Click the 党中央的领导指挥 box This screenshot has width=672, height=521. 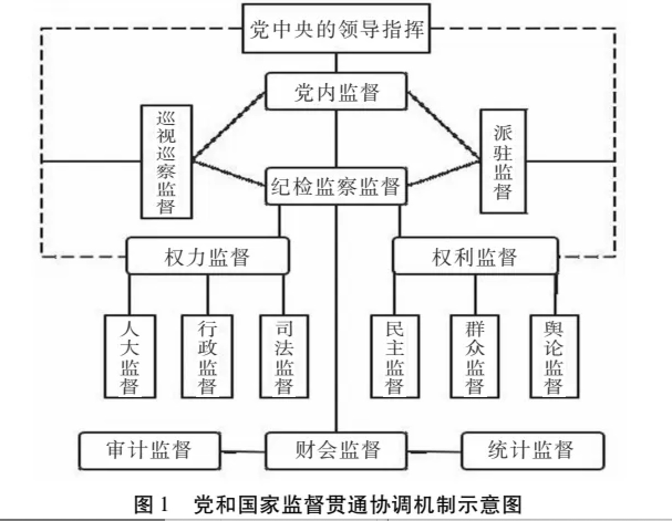[x=336, y=28]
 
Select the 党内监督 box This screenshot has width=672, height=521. [x=336, y=91]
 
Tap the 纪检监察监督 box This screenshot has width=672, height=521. [x=336, y=186]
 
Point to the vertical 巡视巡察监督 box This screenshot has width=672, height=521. [x=167, y=161]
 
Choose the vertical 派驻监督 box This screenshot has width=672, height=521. [x=503, y=161]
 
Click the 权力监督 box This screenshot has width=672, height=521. [x=208, y=256]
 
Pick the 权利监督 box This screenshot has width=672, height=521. [x=475, y=256]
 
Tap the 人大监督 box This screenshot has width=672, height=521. [x=130, y=357]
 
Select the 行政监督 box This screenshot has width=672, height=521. [x=207, y=357]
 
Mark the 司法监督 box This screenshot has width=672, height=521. [x=284, y=357]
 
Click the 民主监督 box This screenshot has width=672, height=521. [x=395, y=357]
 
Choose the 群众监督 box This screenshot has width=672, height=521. [x=475, y=357]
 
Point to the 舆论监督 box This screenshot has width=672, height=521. [x=554, y=357]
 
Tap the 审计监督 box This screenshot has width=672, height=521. [x=149, y=451]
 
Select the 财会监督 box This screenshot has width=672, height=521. [x=336, y=451]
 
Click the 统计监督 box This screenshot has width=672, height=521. [x=533, y=451]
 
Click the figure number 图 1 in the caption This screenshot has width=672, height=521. [x=152, y=504]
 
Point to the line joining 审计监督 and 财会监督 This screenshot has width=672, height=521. [x=243, y=452]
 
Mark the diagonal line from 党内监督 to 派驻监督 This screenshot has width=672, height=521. [x=444, y=127]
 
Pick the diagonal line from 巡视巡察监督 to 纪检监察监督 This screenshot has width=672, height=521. [x=229, y=173]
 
